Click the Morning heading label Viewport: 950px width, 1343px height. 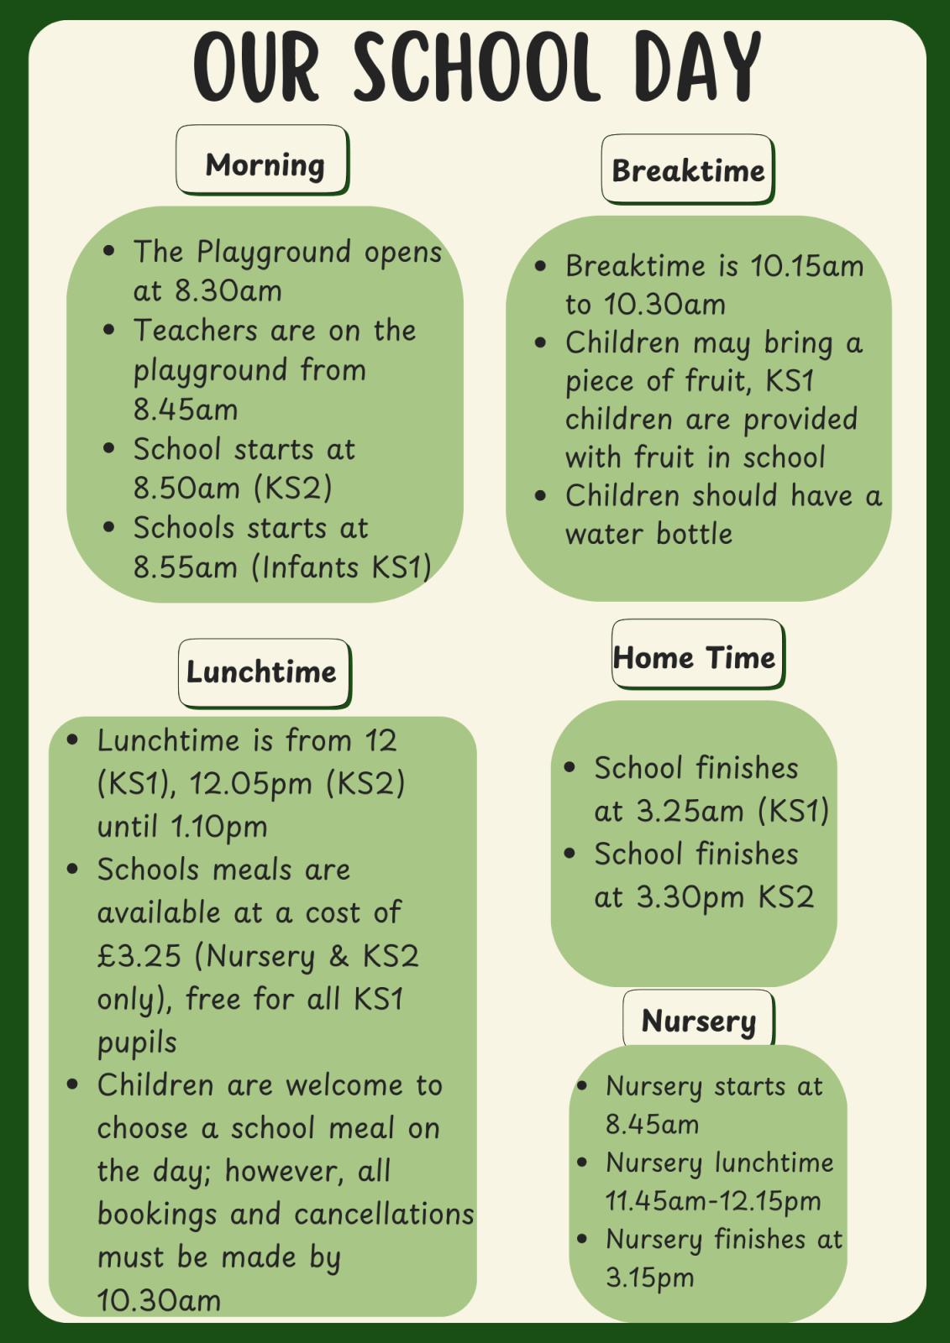(264, 165)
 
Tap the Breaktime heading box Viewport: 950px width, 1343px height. (688, 170)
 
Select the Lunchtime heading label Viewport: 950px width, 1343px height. (261, 672)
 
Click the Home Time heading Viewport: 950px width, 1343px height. (695, 657)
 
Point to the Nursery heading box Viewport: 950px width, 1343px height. (699, 1021)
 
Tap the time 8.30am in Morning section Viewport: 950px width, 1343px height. (228, 291)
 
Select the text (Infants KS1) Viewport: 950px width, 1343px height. (342, 567)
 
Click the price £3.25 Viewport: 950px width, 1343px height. (139, 956)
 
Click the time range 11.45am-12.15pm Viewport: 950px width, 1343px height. (713, 1200)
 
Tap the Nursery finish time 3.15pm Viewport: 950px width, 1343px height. (650, 1278)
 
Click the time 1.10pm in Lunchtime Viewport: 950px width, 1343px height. (219, 827)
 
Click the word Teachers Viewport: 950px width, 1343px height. (195, 331)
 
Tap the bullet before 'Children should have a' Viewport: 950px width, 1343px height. (540, 495)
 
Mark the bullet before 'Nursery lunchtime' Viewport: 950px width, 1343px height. (582, 1163)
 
